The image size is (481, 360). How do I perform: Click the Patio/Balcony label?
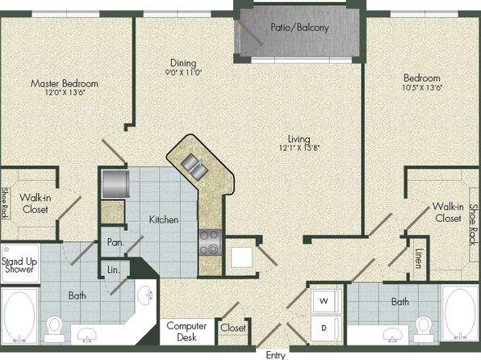(299, 27)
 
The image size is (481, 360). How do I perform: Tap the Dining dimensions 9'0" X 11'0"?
(183, 73)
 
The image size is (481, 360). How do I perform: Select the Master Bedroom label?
(65, 83)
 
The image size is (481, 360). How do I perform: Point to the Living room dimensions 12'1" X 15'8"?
(299, 148)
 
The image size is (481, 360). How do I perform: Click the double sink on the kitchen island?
(194, 166)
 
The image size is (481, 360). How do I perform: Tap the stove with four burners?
(210, 242)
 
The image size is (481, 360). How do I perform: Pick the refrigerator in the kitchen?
(115, 184)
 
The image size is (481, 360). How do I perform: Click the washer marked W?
(326, 301)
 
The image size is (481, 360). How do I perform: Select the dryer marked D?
(326, 328)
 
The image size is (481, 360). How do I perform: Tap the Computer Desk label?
(186, 332)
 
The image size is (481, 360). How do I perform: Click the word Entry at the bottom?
(275, 355)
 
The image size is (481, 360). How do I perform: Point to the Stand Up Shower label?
(19, 266)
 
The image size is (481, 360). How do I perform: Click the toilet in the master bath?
(54, 329)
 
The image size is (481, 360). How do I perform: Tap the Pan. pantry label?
(115, 242)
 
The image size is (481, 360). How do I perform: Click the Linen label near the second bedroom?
(418, 258)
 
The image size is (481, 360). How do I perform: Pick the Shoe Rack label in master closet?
(5, 203)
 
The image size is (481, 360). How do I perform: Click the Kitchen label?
(164, 220)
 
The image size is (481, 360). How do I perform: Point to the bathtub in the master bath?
(19, 316)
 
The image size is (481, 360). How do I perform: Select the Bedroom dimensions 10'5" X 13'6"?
(422, 87)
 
